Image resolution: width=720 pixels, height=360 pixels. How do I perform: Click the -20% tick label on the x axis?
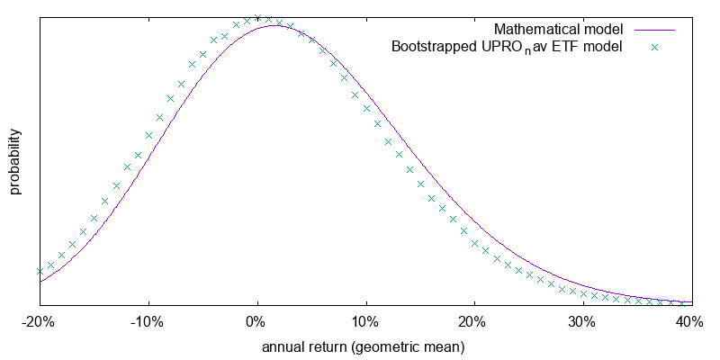pyautogui.click(x=40, y=321)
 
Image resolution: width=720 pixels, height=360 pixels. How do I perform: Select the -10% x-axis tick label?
pyautogui.click(x=148, y=321)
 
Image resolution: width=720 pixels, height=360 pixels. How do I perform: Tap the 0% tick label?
pyautogui.click(x=257, y=321)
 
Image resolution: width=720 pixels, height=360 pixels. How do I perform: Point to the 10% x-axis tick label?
pyautogui.click(x=364, y=321)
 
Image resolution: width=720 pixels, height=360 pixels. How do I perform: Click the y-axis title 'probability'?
pyautogui.click(x=15, y=162)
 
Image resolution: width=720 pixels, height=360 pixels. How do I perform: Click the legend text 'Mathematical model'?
pyautogui.click(x=558, y=29)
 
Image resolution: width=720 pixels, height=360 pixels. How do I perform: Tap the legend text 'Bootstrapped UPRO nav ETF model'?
pyautogui.click(x=507, y=47)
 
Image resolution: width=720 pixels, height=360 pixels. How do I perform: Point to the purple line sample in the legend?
pyautogui.click(x=654, y=29)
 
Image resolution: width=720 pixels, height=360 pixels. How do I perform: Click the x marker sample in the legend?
pyautogui.click(x=654, y=47)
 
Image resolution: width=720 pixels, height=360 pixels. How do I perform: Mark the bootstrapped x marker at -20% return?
pyautogui.click(x=40, y=271)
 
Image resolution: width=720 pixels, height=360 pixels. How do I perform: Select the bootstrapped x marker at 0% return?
pyautogui.click(x=257, y=17)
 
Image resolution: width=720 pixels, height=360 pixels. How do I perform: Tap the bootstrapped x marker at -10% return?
pyautogui.click(x=148, y=136)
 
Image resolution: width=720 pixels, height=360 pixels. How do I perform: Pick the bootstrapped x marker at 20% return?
pyautogui.click(x=473, y=242)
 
